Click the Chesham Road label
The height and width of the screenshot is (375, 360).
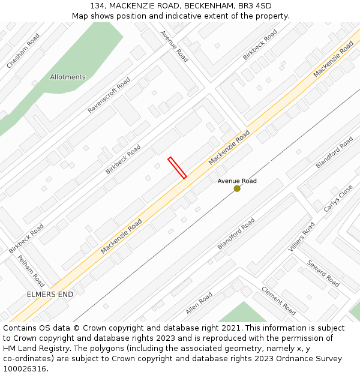click(x=23, y=50)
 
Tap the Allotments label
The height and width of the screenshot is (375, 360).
click(x=68, y=77)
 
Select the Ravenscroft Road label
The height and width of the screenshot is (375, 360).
click(x=109, y=95)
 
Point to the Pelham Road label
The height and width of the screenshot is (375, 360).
click(x=31, y=271)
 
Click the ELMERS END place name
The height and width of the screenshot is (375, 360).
click(x=50, y=295)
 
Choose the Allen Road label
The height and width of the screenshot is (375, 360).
click(x=199, y=303)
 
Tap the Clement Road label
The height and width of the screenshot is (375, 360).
click(x=278, y=300)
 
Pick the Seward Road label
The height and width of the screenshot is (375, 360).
click(x=323, y=273)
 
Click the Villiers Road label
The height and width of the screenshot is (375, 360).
click(x=301, y=237)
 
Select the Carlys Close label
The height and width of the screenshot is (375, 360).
click(x=338, y=199)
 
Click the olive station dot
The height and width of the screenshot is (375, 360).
click(x=237, y=188)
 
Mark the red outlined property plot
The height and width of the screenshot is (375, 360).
click(x=177, y=168)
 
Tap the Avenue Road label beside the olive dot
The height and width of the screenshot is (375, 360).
click(x=237, y=181)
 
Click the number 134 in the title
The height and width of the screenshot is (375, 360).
click(x=98, y=5)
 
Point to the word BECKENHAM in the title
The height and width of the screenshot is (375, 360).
click(x=208, y=5)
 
